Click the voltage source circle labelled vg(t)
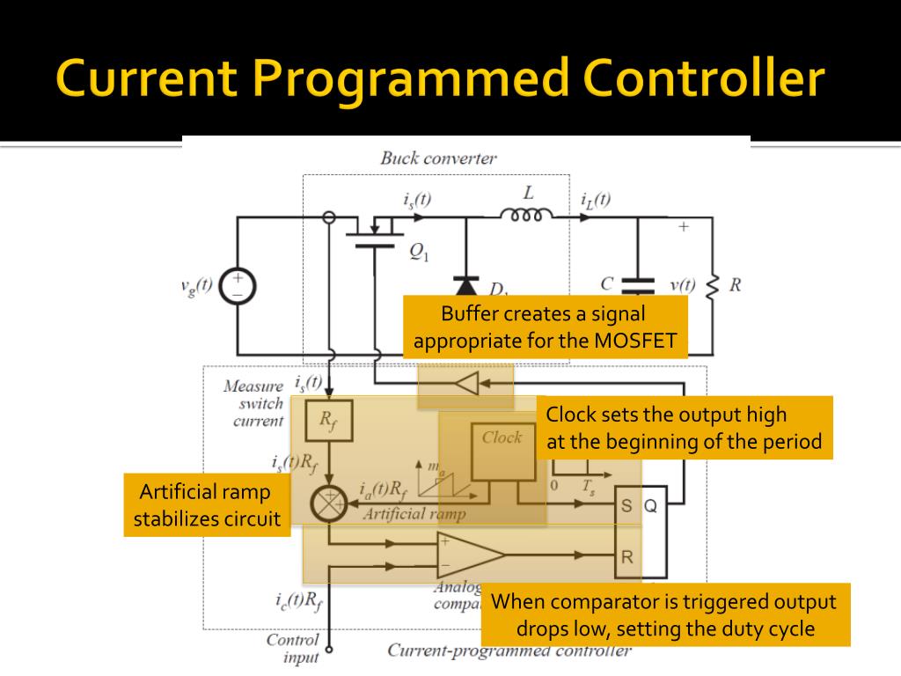(238, 286)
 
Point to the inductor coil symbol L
(527, 214)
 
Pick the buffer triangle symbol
(467, 384)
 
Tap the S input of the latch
(626, 506)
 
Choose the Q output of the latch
(650, 506)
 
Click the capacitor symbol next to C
(638, 284)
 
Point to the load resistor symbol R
(713, 285)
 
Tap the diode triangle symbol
(466, 284)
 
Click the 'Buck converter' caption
(438, 158)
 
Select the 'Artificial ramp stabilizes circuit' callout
(207, 505)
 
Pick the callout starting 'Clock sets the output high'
(684, 428)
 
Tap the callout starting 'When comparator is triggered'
(665, 615)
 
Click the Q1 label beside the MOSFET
(419, 253)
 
